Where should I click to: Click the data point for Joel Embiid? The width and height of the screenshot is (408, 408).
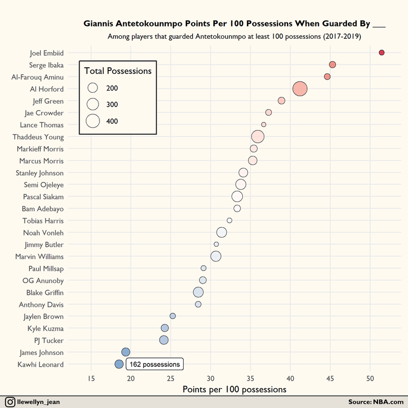381,53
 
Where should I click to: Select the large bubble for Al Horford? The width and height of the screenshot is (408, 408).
300,89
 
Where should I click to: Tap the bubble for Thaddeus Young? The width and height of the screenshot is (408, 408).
258,137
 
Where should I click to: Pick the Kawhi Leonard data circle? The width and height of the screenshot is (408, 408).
119,364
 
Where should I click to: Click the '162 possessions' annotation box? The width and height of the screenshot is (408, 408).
155,364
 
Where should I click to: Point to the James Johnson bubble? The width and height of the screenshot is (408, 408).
125,352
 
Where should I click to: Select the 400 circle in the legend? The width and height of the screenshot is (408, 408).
93,121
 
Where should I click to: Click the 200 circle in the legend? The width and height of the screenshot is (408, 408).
93,88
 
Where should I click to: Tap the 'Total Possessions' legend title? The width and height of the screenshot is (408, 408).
118,71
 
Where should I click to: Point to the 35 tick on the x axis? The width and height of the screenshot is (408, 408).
250,378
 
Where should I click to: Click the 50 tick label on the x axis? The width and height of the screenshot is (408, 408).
370,378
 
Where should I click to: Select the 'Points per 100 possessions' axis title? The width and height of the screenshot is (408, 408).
235,390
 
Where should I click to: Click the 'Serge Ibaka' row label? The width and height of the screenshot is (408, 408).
46,65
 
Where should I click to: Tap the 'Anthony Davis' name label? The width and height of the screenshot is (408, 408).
41,304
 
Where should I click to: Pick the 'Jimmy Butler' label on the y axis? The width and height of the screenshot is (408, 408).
44,245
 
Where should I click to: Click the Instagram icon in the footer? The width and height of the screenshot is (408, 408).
10,402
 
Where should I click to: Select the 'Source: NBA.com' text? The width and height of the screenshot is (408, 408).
376,402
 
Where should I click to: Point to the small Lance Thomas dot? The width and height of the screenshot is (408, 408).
264,124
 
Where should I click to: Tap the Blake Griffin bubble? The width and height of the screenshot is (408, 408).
198,292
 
